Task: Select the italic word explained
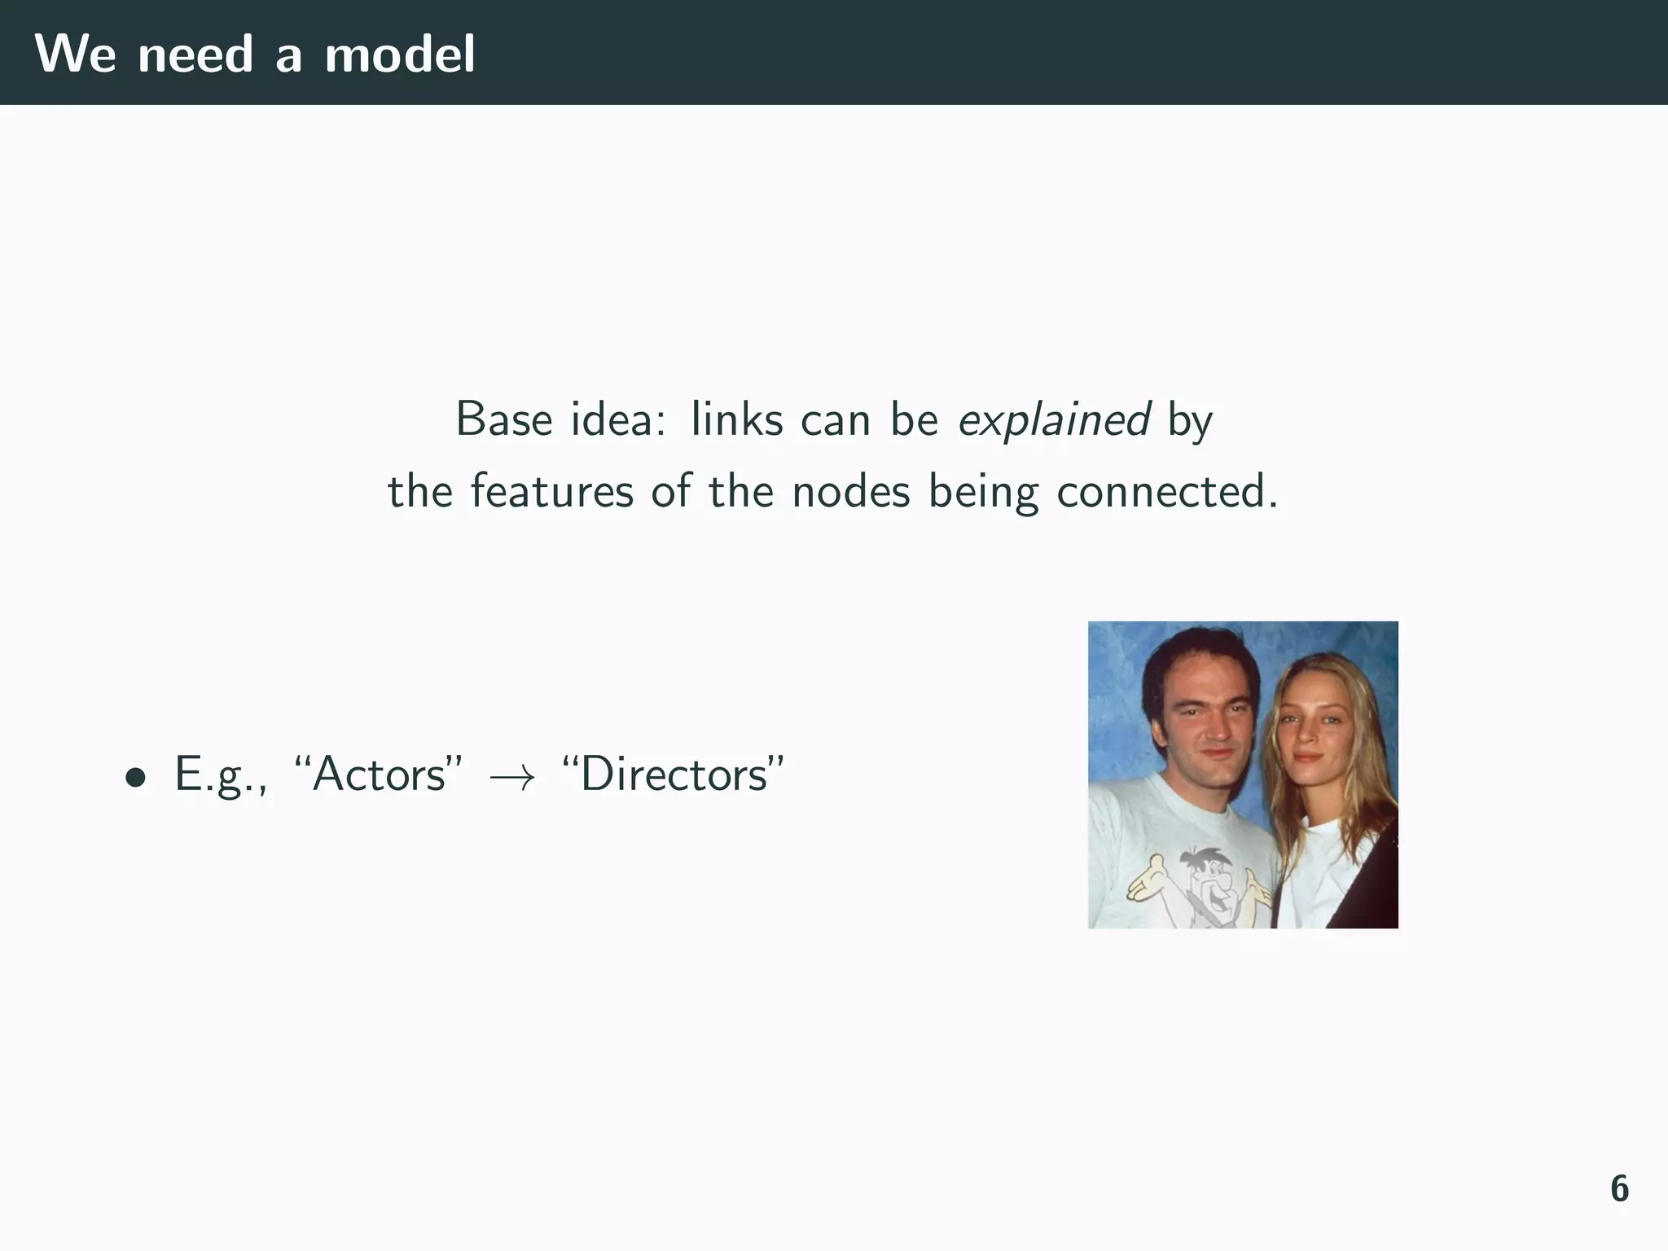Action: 1054,420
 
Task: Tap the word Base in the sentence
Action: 505,420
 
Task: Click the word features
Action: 551,492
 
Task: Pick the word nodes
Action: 851,492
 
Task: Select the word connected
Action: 1166,492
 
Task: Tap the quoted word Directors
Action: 673,774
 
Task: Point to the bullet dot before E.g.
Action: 136,777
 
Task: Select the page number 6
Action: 1619,1189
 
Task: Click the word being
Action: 984,492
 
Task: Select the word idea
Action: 617,420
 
